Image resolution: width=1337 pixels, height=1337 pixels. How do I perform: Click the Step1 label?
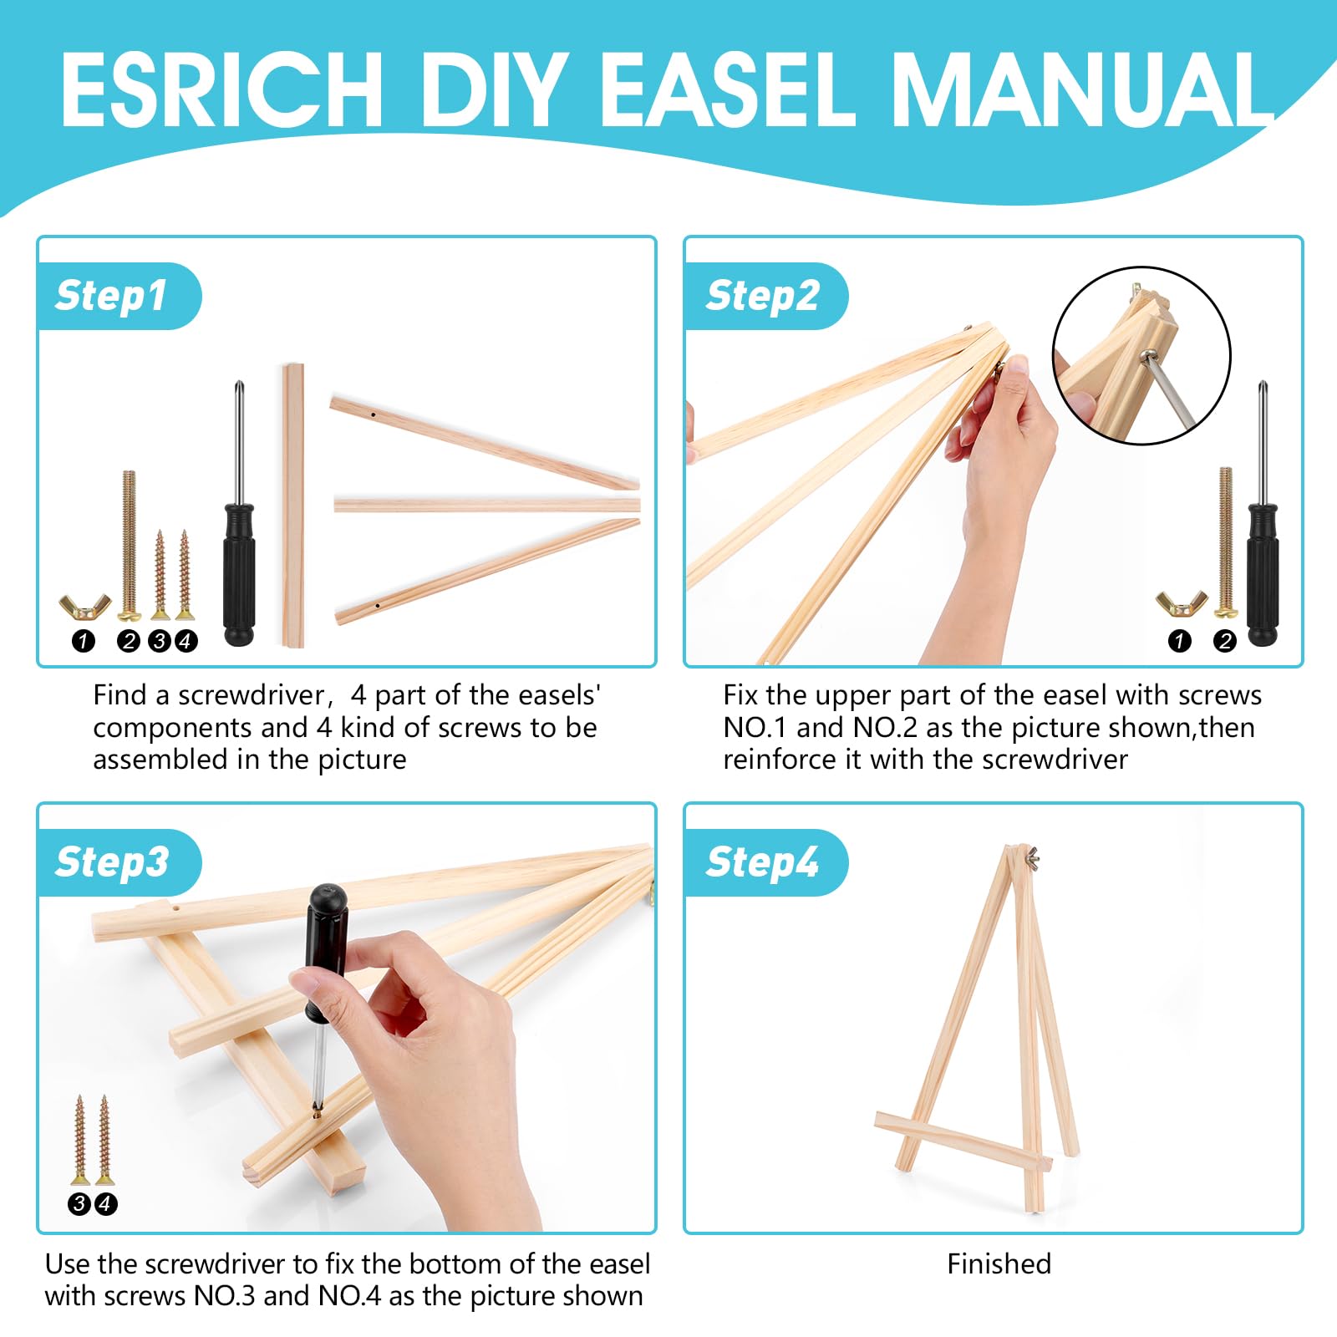(111, 296)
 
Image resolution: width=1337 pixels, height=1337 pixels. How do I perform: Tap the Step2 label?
(763, 296)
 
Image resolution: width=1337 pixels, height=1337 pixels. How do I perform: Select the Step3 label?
(112, 862)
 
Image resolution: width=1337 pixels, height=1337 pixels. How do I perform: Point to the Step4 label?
(762, 862)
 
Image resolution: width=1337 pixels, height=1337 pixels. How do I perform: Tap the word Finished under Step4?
(999, 1263)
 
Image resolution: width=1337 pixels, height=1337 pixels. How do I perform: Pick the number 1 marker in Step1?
(84, 641)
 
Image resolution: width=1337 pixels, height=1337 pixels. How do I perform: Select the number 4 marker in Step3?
(105, 1204)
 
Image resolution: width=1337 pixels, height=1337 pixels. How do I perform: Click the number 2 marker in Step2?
(1225, 641)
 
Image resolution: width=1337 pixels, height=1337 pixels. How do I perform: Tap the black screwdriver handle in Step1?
(239, 574)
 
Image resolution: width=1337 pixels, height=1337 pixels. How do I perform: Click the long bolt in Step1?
(129, 546)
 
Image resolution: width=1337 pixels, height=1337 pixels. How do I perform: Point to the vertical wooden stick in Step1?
(292, 506)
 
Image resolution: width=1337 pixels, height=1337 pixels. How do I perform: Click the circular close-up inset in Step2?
(1141, 355)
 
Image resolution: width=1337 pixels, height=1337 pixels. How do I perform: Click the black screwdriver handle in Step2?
(1263, 574)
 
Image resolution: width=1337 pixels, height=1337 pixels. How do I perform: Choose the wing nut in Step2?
(1182, 603)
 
